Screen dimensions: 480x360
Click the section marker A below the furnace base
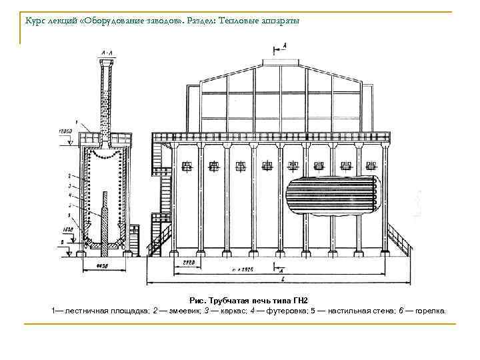pos(282,270)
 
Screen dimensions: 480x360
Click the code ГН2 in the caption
pos(302,301)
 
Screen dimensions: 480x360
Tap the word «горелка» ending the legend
pos(431,311)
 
